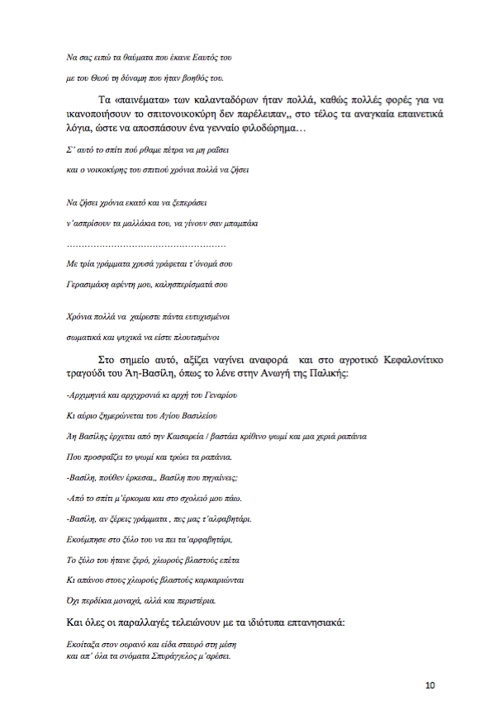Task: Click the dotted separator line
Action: click(145, 245)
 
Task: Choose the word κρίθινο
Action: click(261, 435)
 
